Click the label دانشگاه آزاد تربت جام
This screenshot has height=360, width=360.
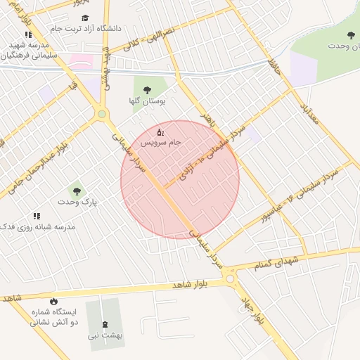click(x=86, y=29)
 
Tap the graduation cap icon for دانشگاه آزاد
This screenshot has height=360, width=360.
click(x=86, y=18)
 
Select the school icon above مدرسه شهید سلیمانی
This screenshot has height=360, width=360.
click(x=28, y=34)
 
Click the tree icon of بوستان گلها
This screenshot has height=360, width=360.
click(x=147, y=90)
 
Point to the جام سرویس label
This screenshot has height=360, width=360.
click(x=160, y=142)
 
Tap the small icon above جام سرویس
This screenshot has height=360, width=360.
click(x=160, y=131)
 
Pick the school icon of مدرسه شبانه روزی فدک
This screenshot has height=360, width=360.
click(x=37, y=216)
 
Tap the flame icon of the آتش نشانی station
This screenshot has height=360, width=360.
click(x=53, y=301)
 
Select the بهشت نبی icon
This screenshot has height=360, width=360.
click(x=105, y=324)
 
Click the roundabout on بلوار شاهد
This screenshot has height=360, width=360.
click(x=230, y=280)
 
